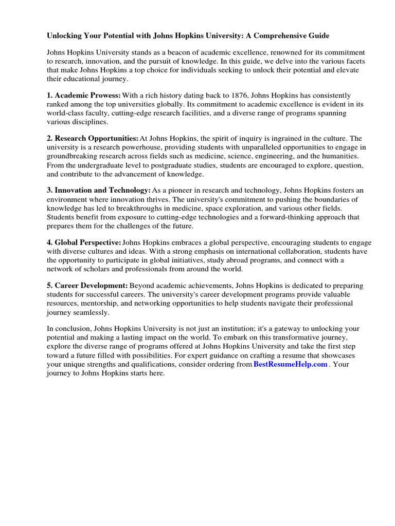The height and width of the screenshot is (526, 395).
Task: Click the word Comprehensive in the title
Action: (283, 36)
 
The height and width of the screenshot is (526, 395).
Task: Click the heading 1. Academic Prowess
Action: (84, 96)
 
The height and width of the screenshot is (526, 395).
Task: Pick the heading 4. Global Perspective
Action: (84, 242)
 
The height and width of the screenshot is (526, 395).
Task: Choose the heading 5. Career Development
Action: (87, 286)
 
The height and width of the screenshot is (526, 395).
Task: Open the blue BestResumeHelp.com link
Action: (291, 364)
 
